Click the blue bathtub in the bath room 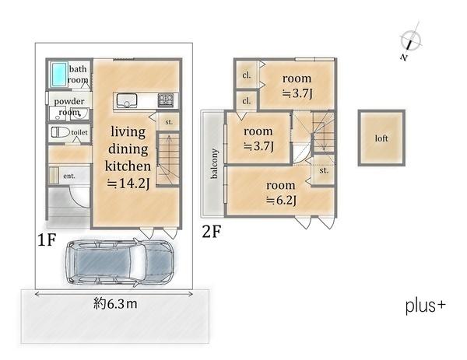coord(58,75)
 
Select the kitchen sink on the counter coord(127,100)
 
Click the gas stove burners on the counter coord(166,100)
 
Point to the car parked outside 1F coord(119,262)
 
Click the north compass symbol coord(410,40)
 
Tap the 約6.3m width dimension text coord(115,304)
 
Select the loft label coord(381,138)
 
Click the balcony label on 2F coord(214,163)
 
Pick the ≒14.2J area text coord(128,183)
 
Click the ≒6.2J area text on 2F coord(281,201)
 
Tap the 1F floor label coord(47,239)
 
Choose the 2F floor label coord(212,232)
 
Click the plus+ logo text coord(426,306)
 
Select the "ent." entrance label coord(69,176)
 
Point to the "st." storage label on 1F coord(169,122)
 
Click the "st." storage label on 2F coord(324,170)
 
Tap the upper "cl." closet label coord(246,75)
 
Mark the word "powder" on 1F coord(69,101)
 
